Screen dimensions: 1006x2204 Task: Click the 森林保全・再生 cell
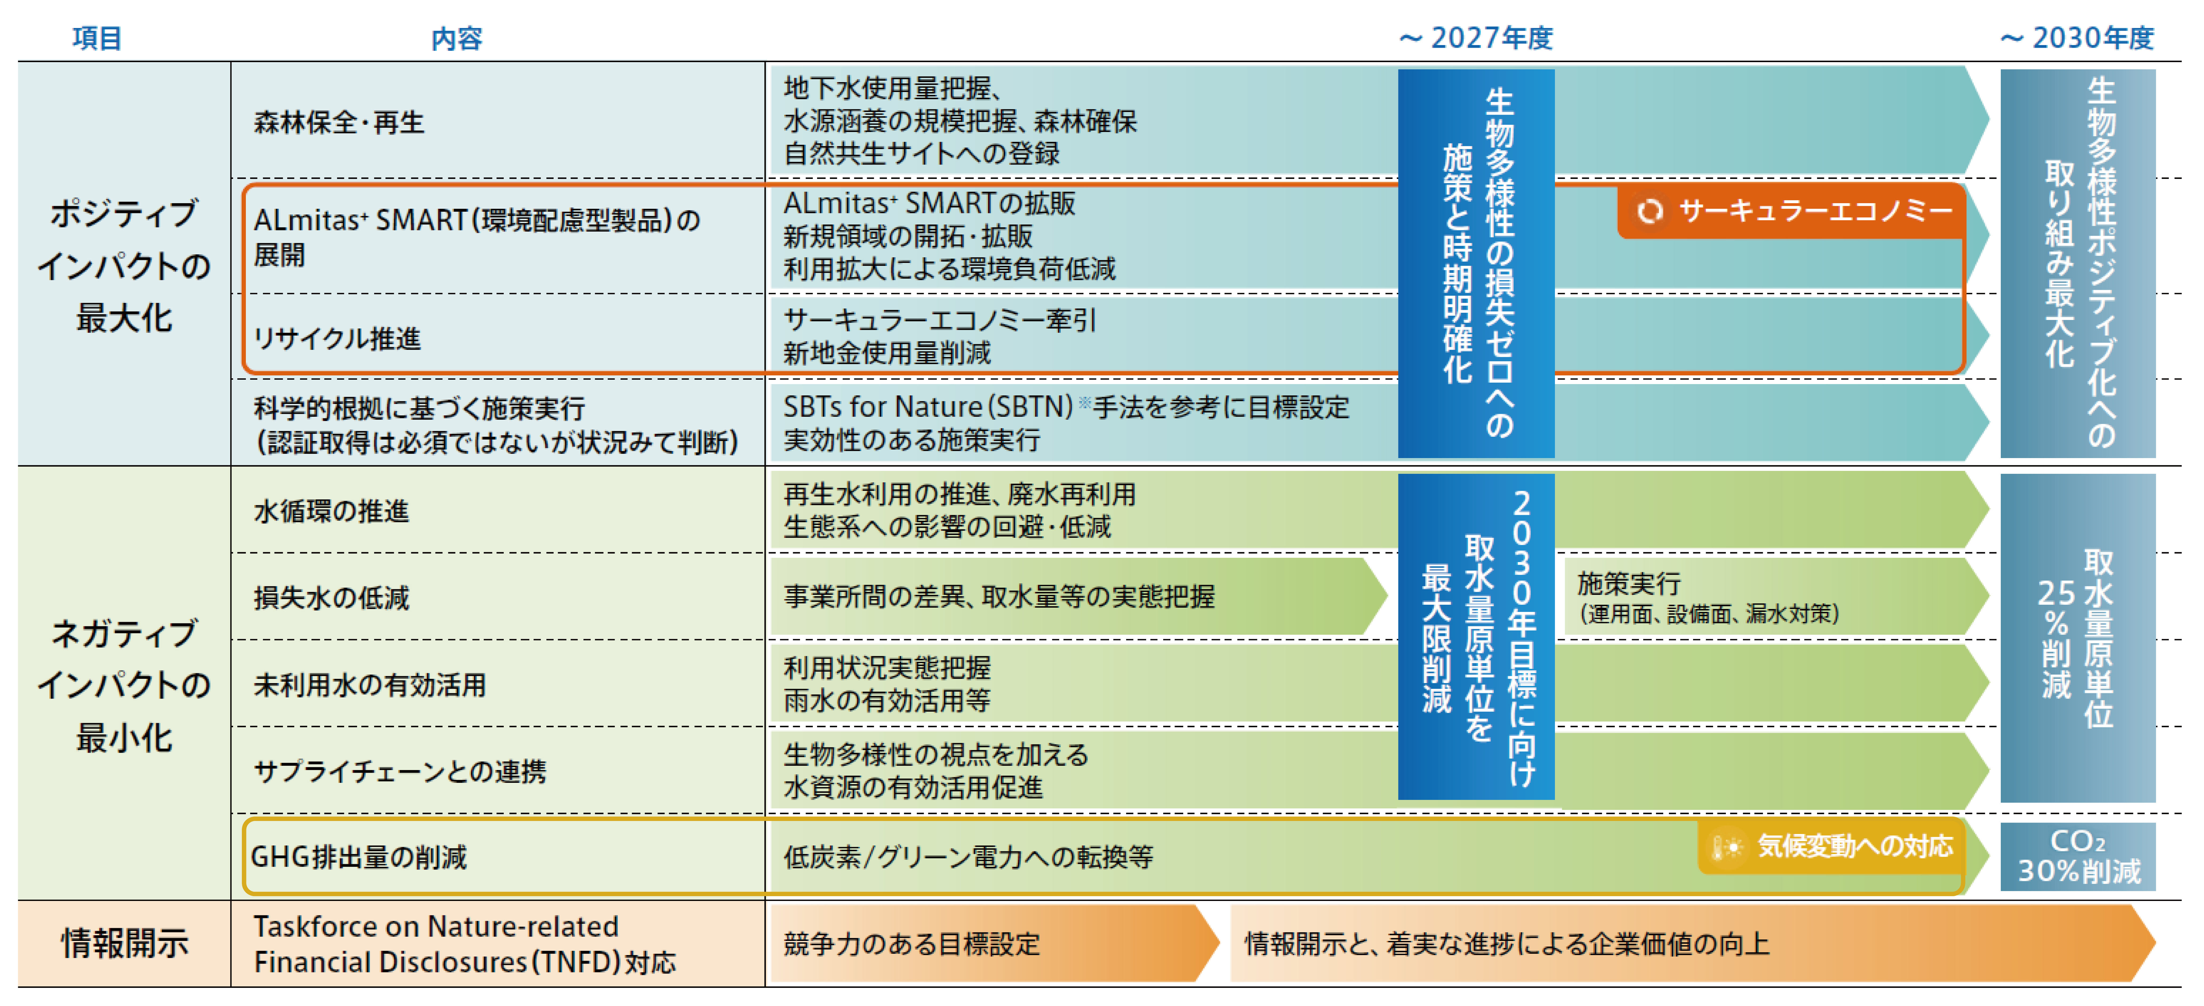pos(339,122)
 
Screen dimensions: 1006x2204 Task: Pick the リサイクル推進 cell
pos(337,339)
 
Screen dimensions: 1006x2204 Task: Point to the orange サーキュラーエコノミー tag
pos(1793,210)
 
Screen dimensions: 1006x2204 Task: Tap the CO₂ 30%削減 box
pos(2077,856)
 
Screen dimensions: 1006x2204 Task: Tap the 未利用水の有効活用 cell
pos(370,684)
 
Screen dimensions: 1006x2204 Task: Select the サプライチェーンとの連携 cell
pos(399,772)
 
